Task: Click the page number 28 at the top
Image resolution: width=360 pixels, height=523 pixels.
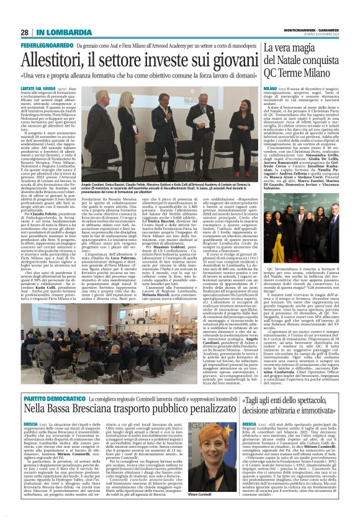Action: click(x=25, y=32)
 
